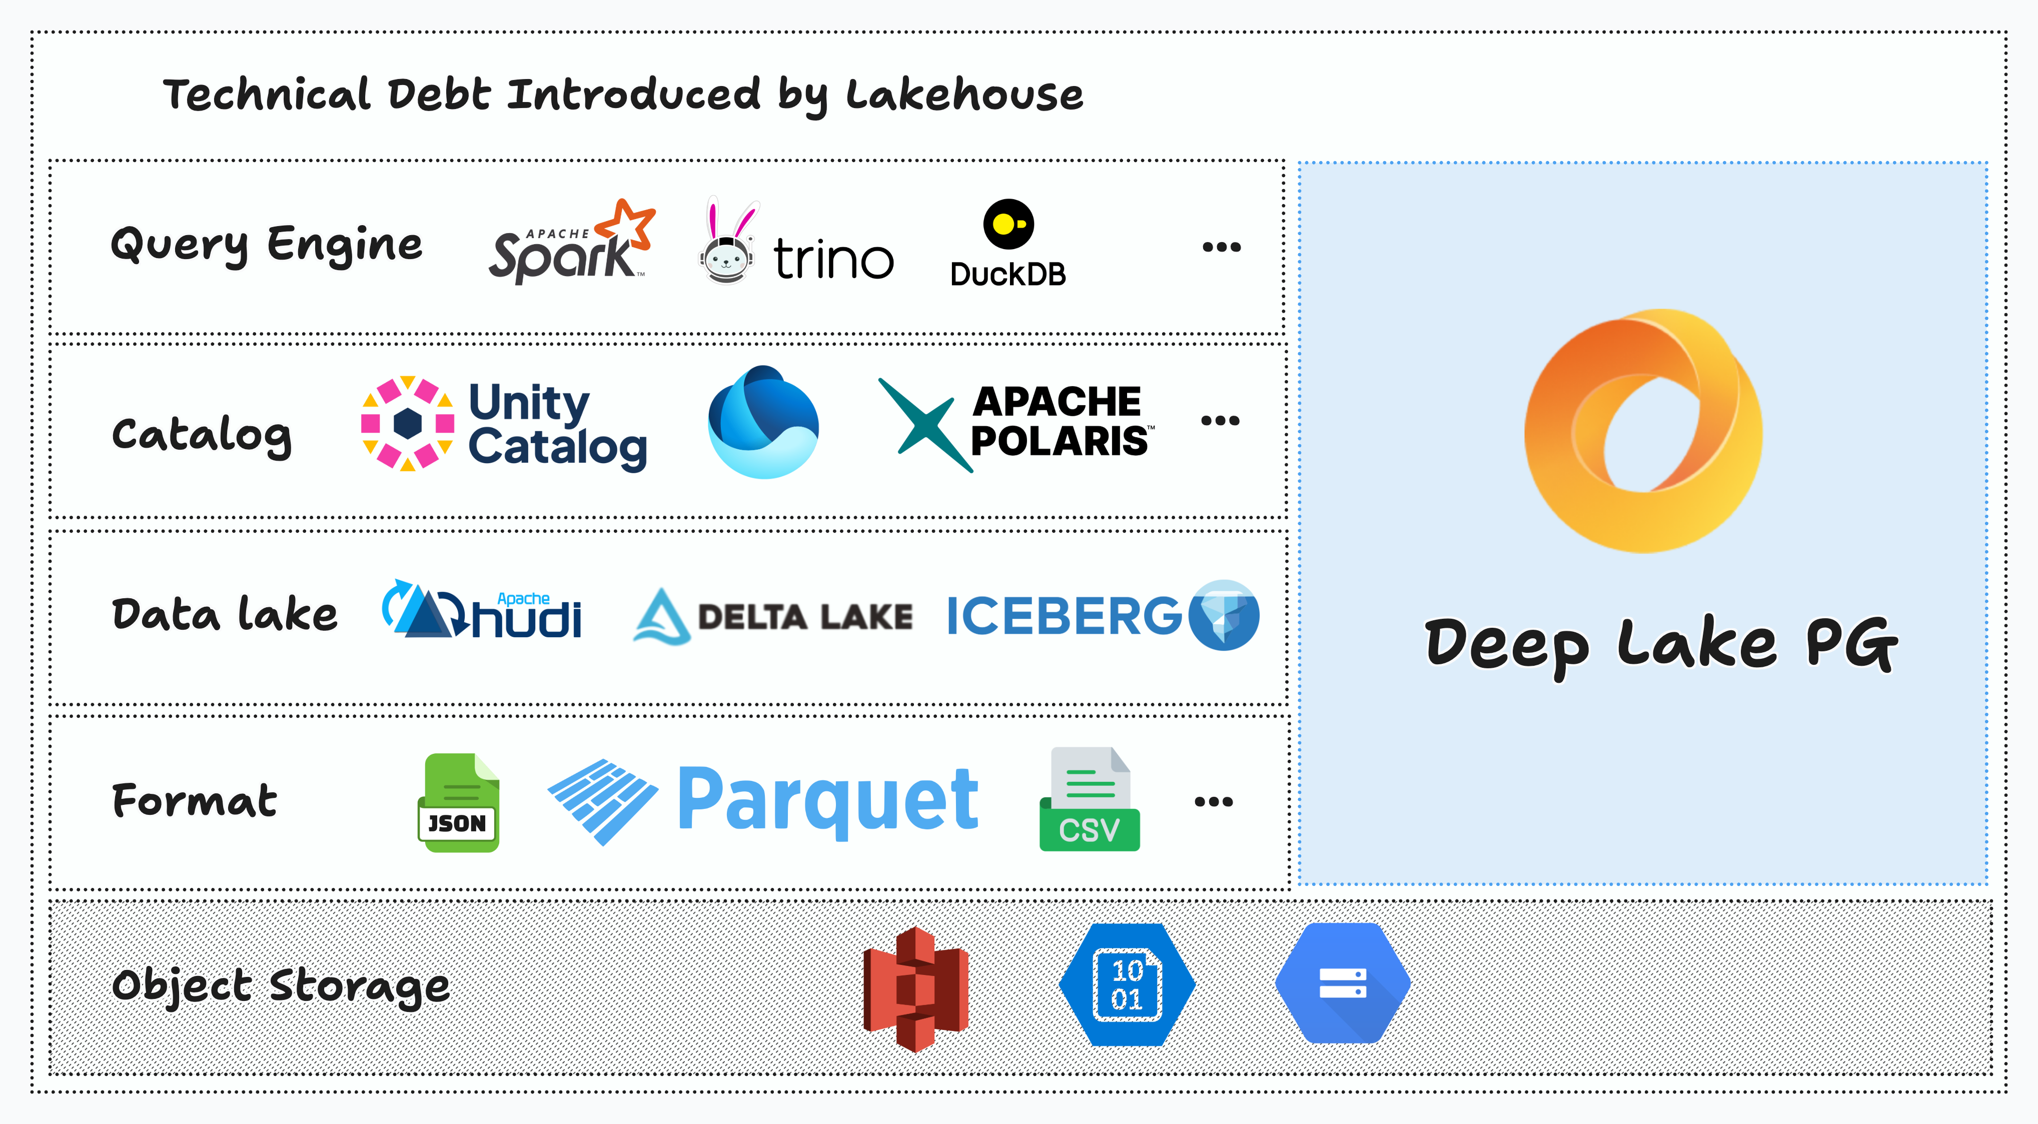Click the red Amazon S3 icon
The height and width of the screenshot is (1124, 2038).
pyautogui.click(x=915, y=989)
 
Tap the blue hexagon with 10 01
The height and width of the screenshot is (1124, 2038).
pyautogui.click(x=1127, y=985)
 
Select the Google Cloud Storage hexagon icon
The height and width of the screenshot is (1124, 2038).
pyautogui.click(x=1343, y=983)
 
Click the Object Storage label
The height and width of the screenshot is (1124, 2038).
pyautogui.click(x=281, y=986)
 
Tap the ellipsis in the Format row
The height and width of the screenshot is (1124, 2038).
pyautogui.click(x=1213, y=801)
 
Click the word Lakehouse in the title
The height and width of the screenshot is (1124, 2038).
pyautogui.click(x=964, y=95)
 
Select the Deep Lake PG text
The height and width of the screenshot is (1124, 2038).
pyautogui.click(x=1661, y=645)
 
